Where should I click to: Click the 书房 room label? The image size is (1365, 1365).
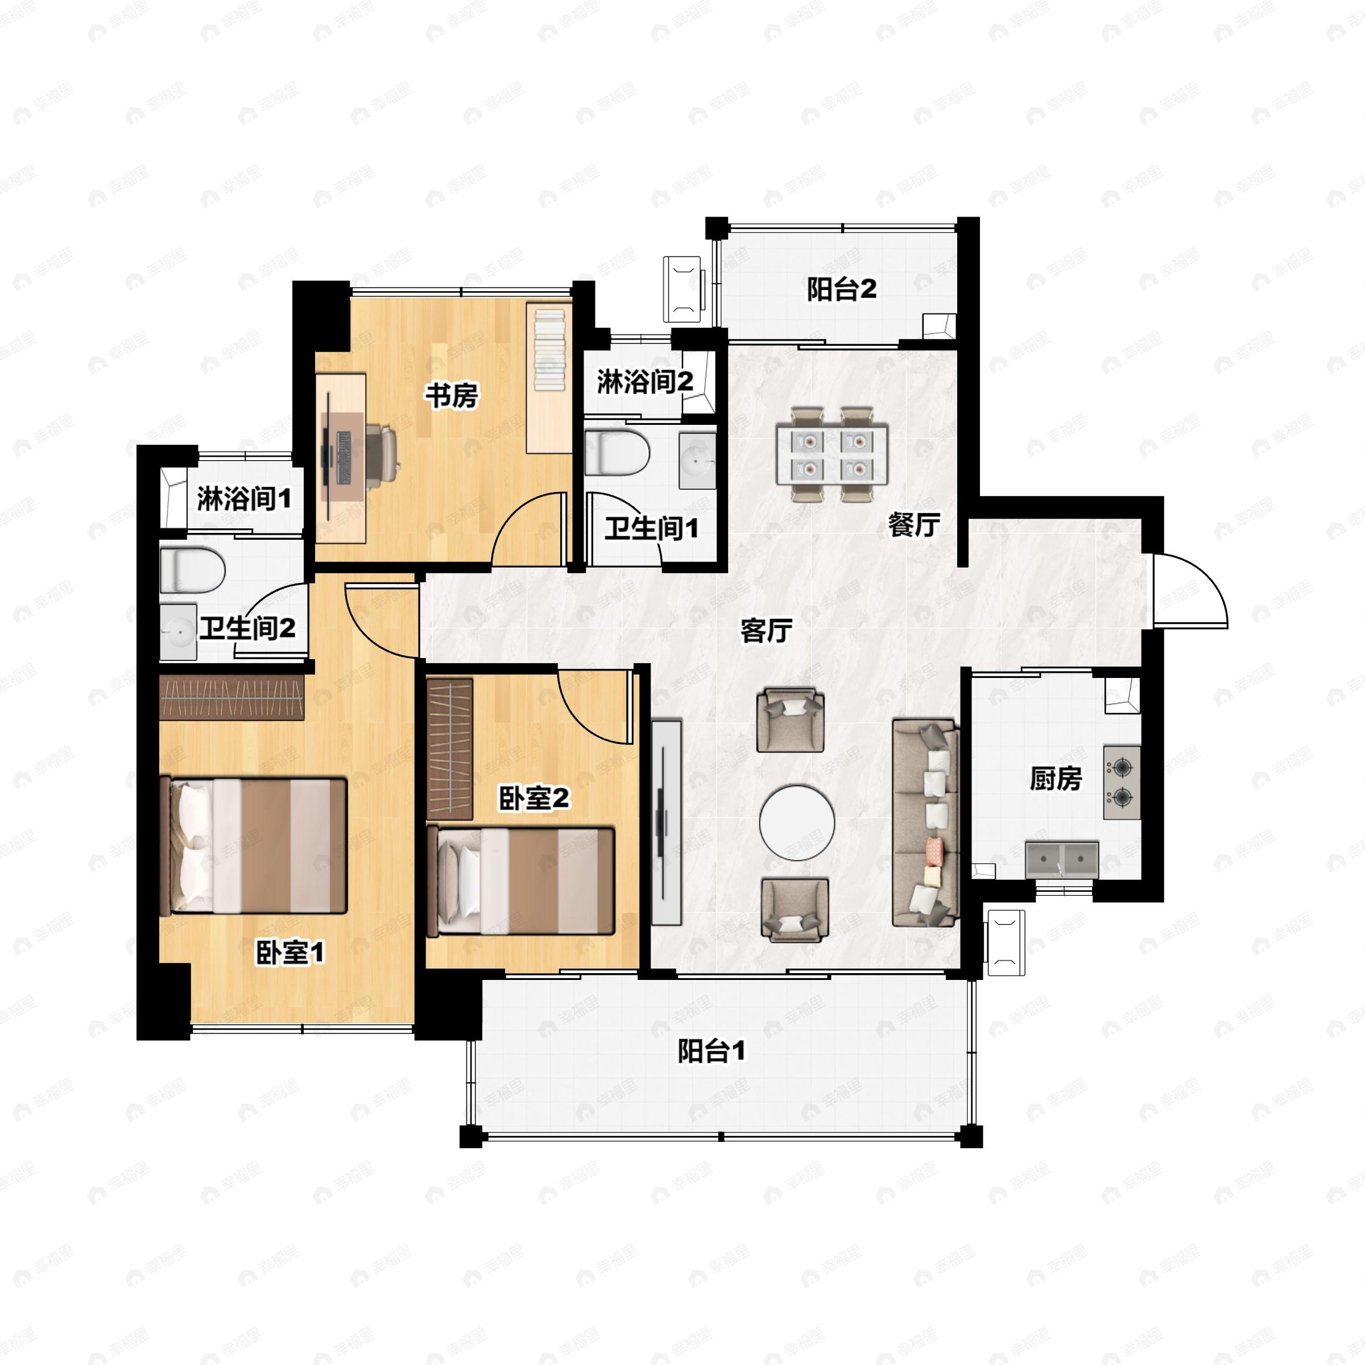click(x=452, y=396)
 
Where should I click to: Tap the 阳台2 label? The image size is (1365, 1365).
click(x=842, y=289)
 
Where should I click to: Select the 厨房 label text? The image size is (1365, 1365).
click(x=1056, y=779)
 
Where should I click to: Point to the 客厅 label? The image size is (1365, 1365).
click(x=767, y=631)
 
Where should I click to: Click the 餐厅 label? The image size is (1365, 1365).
click(x=913, y=524)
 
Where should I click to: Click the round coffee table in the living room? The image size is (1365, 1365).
click(x=797, y=823)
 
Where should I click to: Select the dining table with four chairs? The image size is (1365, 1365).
click(x=832, y=454)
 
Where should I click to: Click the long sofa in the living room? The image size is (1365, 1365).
click(x=925, y=823)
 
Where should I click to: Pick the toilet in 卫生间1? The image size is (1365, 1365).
click(x=618, y=453)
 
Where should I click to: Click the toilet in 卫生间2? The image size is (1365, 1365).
click(x=192, y=570)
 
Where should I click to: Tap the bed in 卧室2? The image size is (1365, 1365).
click(x=521, y=881)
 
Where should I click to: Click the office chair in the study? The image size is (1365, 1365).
click(x=382, y=450)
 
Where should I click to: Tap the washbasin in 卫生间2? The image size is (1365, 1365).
click(x=178, y=632)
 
